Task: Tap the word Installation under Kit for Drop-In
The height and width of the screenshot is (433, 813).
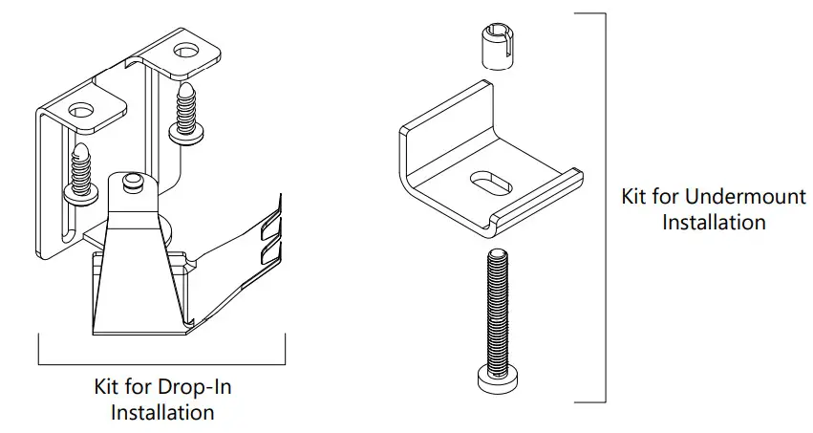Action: point(162,413)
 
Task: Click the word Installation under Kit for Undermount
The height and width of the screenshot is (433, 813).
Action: point(714,223)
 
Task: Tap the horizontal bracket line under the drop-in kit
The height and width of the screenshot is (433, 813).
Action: point(162,364)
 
